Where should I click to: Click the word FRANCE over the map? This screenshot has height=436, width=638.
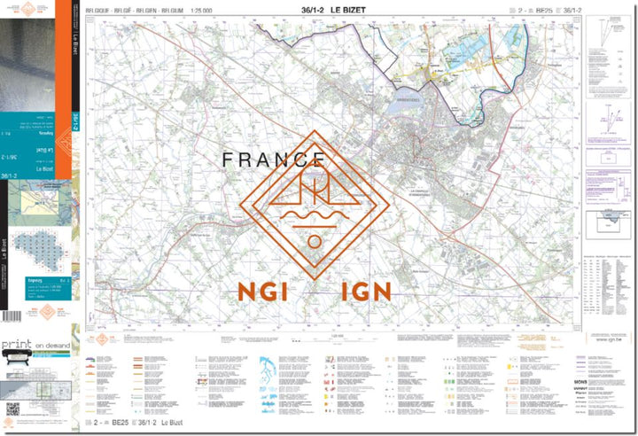tap(273, 160)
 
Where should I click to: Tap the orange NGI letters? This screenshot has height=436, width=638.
tap(261, 292)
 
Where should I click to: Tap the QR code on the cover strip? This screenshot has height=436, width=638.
tap(12, 409)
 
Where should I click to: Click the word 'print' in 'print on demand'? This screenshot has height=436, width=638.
tap(18, 344)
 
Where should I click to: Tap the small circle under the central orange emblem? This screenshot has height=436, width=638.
tap(313, 241)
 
